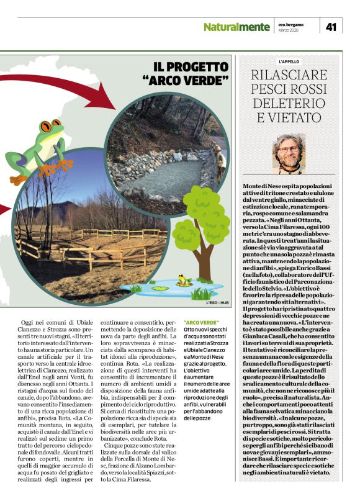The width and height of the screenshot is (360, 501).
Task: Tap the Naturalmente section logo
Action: [236, 27]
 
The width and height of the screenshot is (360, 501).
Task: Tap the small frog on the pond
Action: [183, 281]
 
